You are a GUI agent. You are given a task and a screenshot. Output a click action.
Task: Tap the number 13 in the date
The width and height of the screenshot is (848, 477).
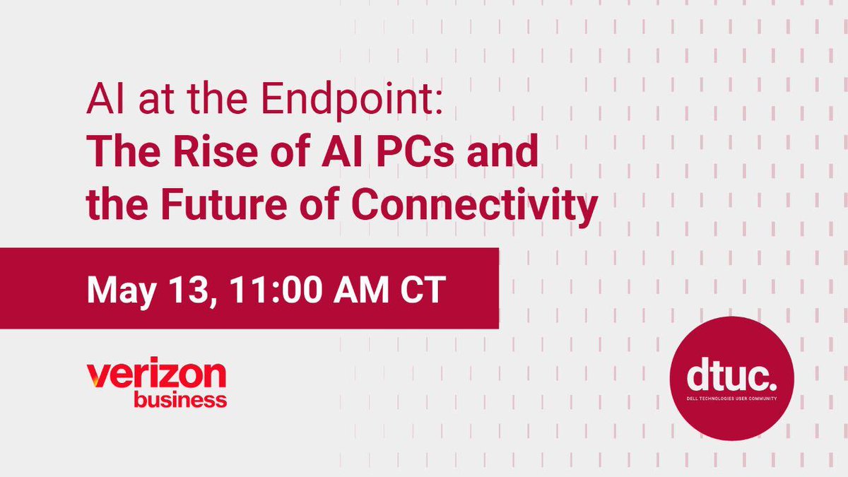(x=191, y=289)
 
